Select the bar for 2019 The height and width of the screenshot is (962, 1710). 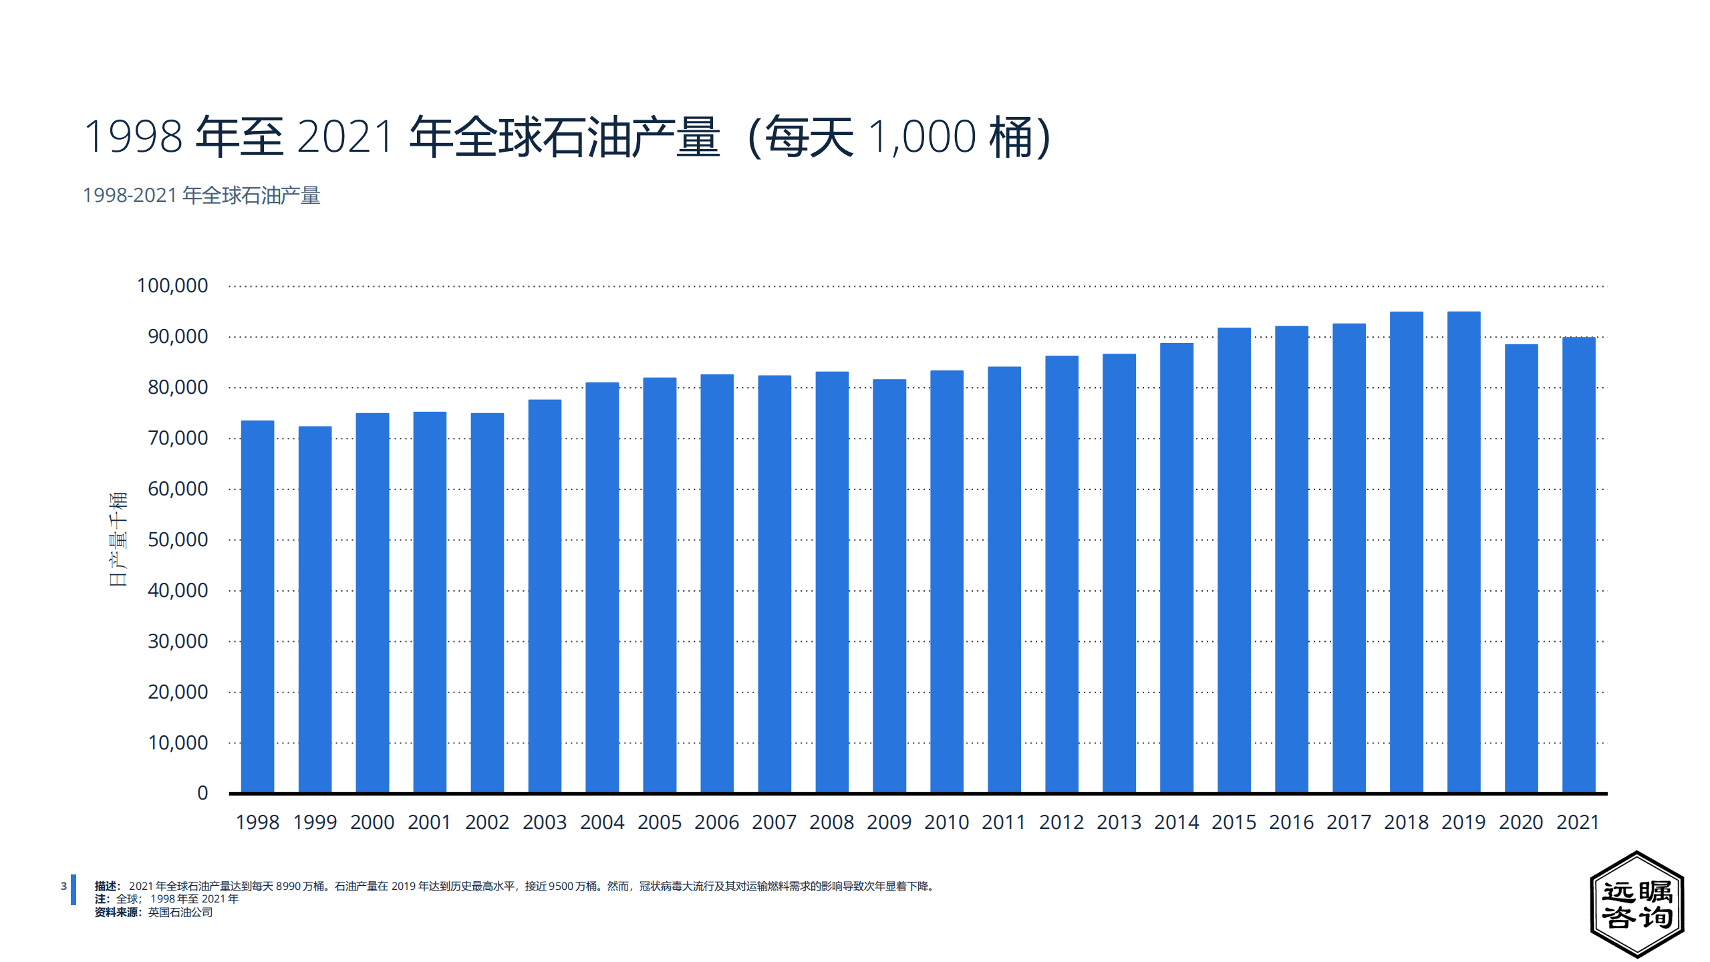pyautogui.click(x=1463, y=552)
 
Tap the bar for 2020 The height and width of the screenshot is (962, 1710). pyautogui.click(x=1521, y=568)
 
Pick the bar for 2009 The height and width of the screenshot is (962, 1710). pyautogui.click(x=889, y=585)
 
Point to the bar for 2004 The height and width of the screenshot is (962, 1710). pyautogui.click(x=602, y=587)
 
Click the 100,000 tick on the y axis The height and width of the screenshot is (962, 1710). pyautogui.click(x=172, y=286)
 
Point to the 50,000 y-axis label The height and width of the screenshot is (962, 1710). pyautogui.click(x=178, y=539)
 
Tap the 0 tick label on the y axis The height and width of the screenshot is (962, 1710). pyautogui.click(x=202, y=794)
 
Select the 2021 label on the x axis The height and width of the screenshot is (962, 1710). pyautogui.click(x=1578, y=822)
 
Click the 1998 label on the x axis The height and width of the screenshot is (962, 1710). pyautogui.click(x=257, y=822)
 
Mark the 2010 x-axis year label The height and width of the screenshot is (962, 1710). pyautogui.click(x=946, y=822)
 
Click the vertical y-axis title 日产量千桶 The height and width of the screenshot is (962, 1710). pyautogui.click(x=118, y=539)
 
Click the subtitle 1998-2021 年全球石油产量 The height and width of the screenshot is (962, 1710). pyautogui.click(x=201, y=195)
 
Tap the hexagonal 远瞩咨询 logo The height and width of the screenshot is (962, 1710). pyautogui.click(x=1636, y=905)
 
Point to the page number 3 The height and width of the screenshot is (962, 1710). pyautogui.click(x=63, y=886)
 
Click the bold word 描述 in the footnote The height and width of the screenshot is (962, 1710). pyautogui.click(x=106, y=886)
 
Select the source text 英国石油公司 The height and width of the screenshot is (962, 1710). pyautogui.click(x=180, y=913)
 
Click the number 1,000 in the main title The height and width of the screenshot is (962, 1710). pyautogui.click(x=922, y=137)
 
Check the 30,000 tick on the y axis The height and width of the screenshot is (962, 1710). pyautogui.click(x=178, y=641)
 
